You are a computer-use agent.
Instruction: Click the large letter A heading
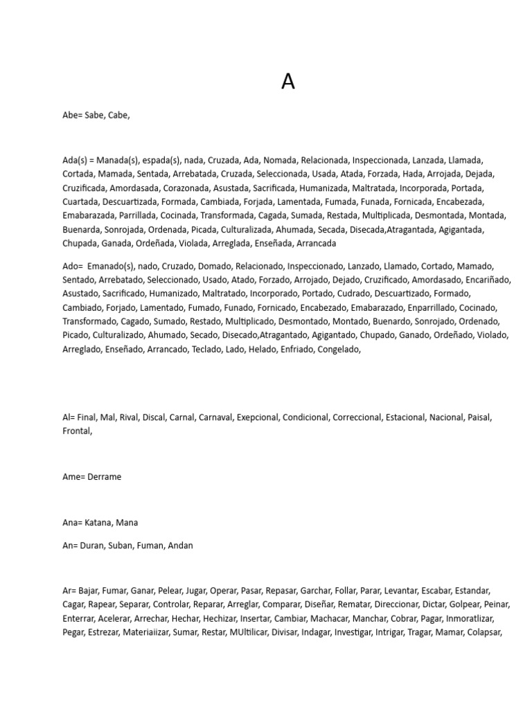coord(288,82)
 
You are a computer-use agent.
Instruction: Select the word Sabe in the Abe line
coord(94,116)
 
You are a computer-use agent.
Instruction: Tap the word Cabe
coord(118,116)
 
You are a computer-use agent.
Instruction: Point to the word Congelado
coord(339,349)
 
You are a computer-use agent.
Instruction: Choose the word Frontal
coord(76,431)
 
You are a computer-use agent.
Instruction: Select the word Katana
coord(100,523)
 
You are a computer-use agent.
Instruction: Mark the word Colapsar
coord(484,632)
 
